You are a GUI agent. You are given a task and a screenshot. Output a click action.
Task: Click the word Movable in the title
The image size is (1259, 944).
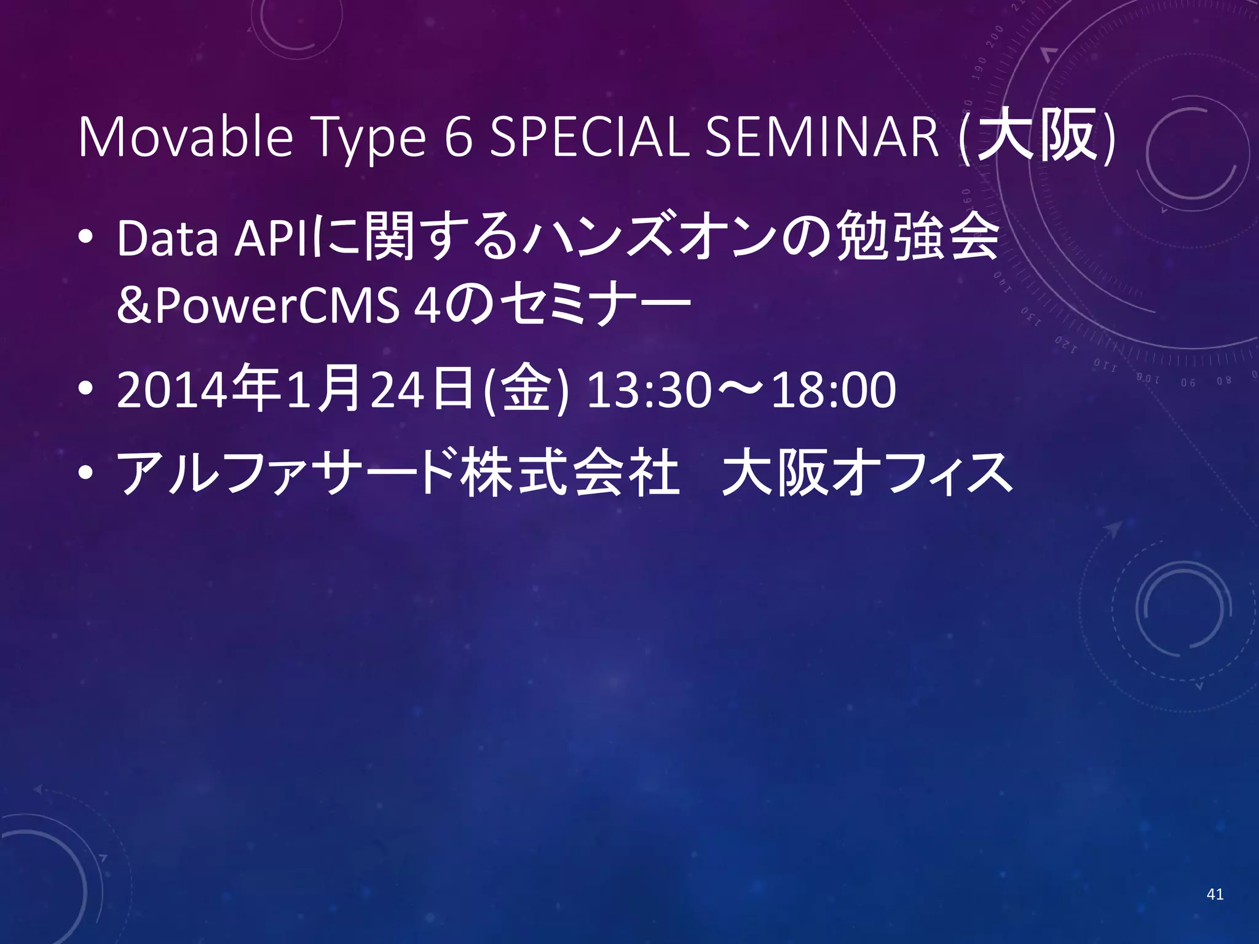pos(184,138)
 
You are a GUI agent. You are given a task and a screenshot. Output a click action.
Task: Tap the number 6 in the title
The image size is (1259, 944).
pos(459,138)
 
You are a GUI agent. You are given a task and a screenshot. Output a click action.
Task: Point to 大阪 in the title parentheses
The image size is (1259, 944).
pos(1036,136)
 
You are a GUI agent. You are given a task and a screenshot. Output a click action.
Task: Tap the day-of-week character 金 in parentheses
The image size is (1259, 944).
pos(526,391)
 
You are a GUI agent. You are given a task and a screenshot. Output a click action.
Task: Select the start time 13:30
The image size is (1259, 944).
pos(649,391)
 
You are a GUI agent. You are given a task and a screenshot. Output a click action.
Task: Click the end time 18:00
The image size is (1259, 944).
pos(834,391)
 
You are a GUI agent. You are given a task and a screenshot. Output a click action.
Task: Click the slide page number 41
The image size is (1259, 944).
pos(1215,894)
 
